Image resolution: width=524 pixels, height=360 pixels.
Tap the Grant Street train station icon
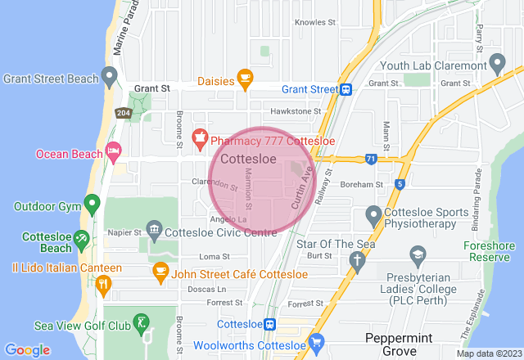pyautogui.click(x=347, y=89)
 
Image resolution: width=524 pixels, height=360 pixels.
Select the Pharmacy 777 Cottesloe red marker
pyautogui.click(x=198, y=136)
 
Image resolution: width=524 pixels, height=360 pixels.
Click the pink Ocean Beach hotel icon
pyautogui.click(x=113, y=151)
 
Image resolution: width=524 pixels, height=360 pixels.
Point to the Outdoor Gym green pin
pyautogui.click(x=92, y=202)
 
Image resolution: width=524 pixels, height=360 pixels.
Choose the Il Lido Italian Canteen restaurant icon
pyautogui.click(x=103, y=284)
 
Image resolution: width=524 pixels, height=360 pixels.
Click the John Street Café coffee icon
pyautogui.click(x=160, y=270)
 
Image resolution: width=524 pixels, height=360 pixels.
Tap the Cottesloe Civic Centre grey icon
pyautogui.click(x=153, y=227)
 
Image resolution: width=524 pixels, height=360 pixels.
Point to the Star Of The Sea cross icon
pyautogui.click(x=356, y=260)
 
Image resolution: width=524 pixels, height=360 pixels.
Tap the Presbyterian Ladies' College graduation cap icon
pyautogui.click(x=418, y=257)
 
